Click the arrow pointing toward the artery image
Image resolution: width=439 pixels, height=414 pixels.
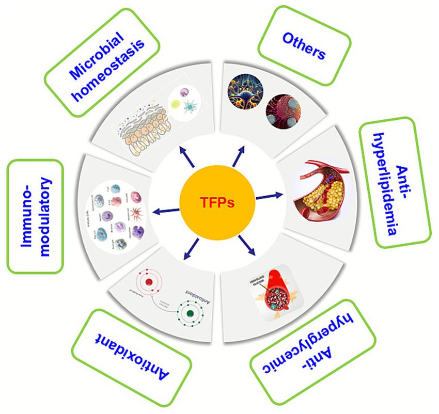[269, 195]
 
